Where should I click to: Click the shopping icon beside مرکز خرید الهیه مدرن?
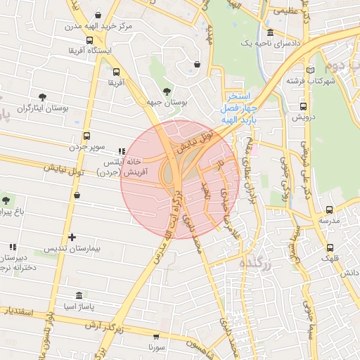[98, 14]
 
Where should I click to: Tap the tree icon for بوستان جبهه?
[167, 91]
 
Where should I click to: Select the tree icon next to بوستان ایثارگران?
[43, 96]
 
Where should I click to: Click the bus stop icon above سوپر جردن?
[86, 136]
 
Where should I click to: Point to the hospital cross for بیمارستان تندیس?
[72, 238]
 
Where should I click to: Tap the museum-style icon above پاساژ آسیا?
[78, 296]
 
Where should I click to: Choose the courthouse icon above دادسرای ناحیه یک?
[271, 33]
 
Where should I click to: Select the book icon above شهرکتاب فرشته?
[310, 70]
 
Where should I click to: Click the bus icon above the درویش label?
[303, 107]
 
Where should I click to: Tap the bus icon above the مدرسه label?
[329, 210]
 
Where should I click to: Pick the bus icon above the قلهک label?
[330, 247]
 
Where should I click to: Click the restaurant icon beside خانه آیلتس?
[122, 150]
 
